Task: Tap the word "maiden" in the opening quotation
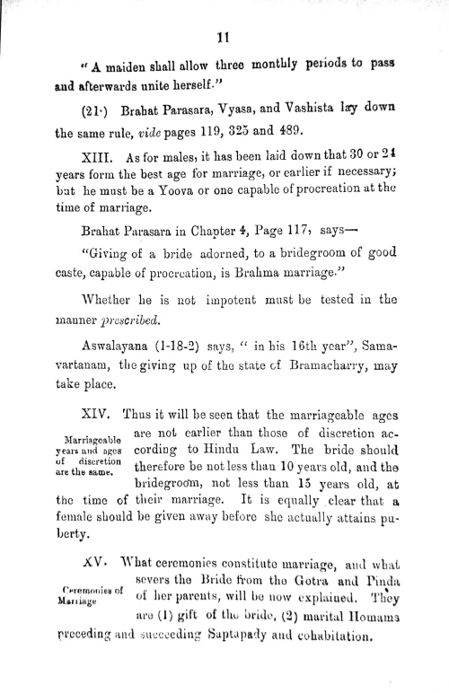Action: (120, 71)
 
